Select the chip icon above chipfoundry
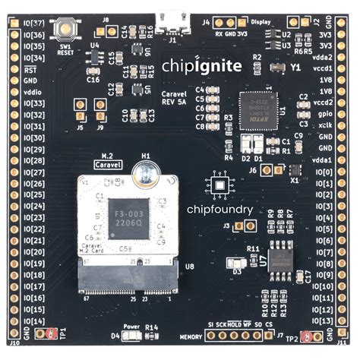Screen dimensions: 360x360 219,186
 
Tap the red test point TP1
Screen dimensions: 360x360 51,333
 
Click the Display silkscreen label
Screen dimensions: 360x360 261,22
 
